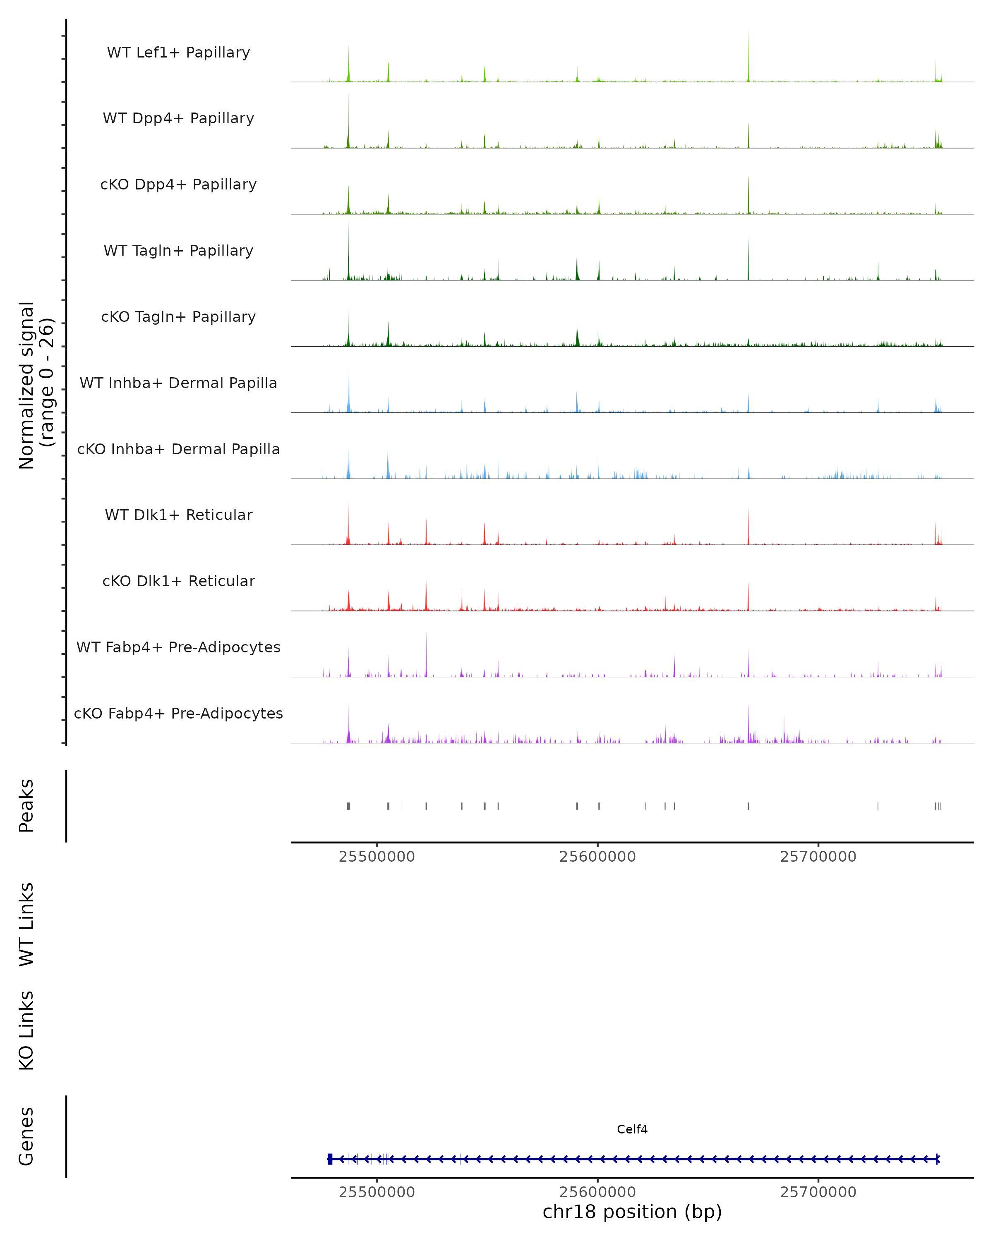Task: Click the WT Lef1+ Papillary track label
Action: (x=178, y=53)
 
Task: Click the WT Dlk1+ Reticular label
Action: (x=178, y=515)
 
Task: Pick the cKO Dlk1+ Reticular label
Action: (x=178, y=581)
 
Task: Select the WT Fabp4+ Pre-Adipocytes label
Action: (x=178, y=647)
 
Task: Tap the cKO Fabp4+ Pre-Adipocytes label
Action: (x=178, y=713)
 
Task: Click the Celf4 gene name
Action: (x=632, y=1129)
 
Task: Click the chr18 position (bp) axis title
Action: (x=632, y=1212)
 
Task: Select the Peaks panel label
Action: (x=26, y=805)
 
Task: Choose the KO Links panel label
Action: (x=26, y=1030)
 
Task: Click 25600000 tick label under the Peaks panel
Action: (x=597, y=857)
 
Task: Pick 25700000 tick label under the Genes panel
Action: (x=818, y=1192)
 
